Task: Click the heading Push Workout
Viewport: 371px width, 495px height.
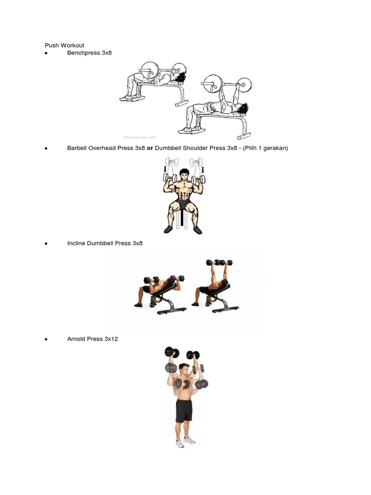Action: (64, 45)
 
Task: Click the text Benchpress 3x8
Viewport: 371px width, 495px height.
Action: (89, 52)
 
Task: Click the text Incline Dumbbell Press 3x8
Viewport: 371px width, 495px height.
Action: (105, 243)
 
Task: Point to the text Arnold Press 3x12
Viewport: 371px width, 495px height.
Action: (92, 339)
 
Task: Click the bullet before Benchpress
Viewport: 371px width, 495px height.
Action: (45, 53)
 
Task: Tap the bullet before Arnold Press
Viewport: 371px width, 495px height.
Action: (45, 339)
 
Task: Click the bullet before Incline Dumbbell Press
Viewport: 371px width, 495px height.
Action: (45, 244)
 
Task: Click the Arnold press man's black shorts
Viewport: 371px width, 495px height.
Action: (184, 410)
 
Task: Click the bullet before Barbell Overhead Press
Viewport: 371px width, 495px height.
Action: (45, 148)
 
